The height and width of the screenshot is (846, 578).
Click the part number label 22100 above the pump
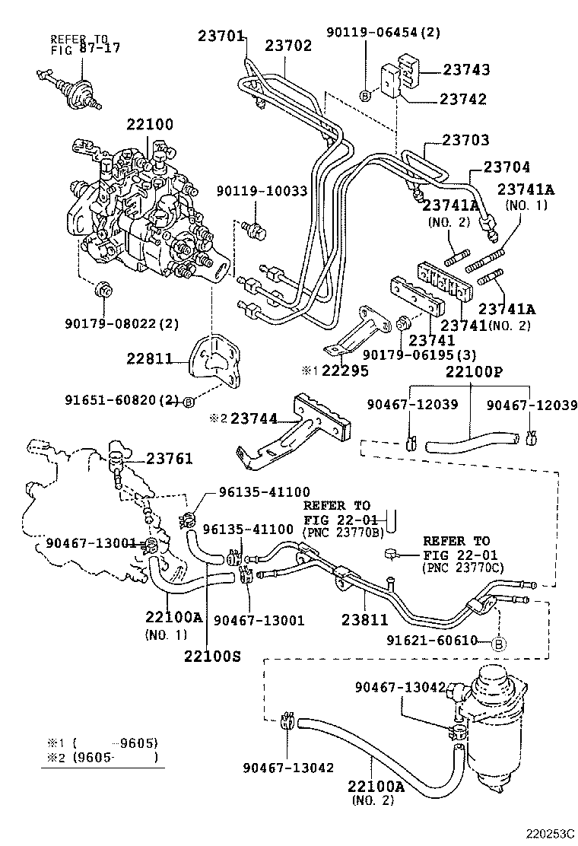[x=150, y=125]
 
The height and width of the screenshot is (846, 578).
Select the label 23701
[x=221, y=35]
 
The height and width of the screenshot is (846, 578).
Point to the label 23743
[x=466, y=69]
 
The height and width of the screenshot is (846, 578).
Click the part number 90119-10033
[x=262, y=191]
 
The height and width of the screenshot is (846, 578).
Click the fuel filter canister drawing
[x=487, y=715]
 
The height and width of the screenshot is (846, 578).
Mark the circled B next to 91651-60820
[x=187, y=401]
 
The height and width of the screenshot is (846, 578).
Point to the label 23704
[x=503, y=167]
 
